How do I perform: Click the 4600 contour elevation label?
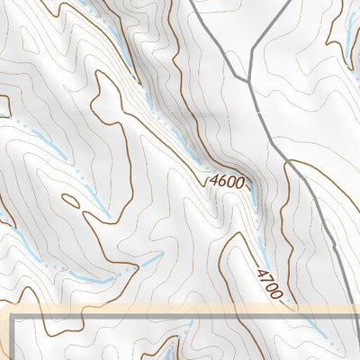[226, 181]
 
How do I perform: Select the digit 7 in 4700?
[265, 278]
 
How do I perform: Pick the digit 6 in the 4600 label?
[221, 181]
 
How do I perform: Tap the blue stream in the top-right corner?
[350, 36]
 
